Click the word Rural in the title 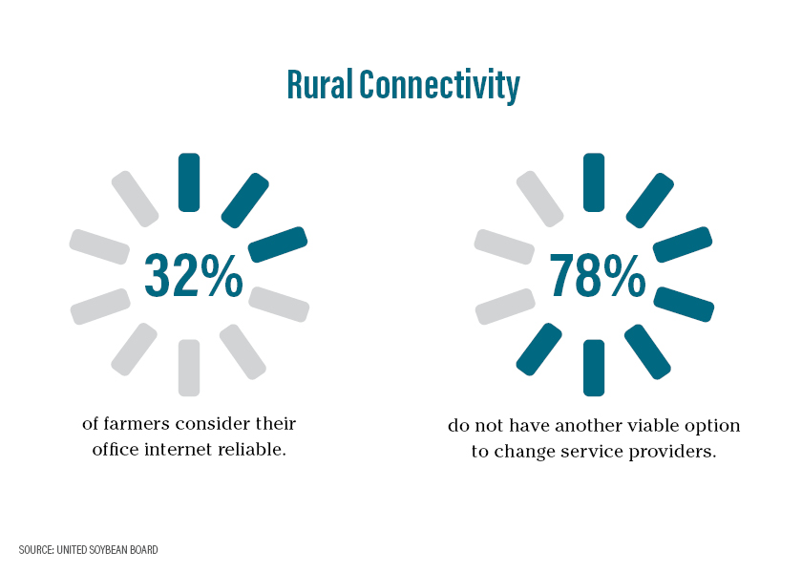[320, 84]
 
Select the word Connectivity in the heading [439, 86]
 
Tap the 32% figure [193, 276]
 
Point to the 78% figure [598, 276]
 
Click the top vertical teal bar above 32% [189, 182]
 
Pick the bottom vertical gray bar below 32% [189, 368]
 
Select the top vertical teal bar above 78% [594, 182]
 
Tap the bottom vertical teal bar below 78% [594, 368]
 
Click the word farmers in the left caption [137, 424]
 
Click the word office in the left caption [116, 449]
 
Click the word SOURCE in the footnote [36, 550]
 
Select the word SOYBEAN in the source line [107, 550]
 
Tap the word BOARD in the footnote [143, 550]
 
